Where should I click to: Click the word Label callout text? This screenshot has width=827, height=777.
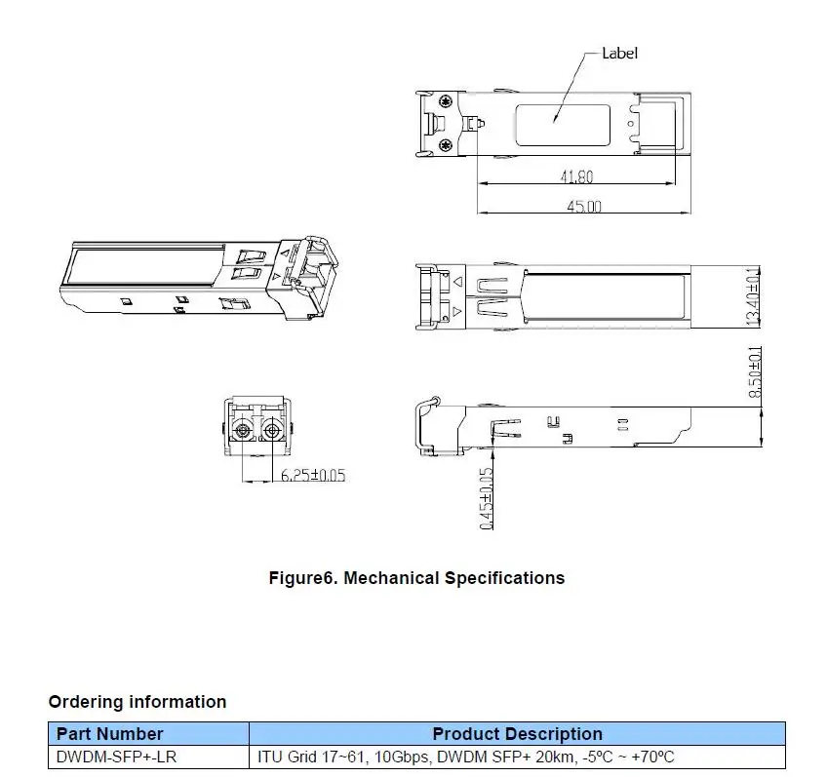(x=619, y=54)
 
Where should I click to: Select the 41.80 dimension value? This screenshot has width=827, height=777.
(x=576, y=176)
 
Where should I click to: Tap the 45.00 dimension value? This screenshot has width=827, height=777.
(x=584, y=206)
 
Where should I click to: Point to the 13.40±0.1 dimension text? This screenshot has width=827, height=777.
(x=754, y=296)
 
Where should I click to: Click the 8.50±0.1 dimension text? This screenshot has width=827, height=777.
(x=755, y=371)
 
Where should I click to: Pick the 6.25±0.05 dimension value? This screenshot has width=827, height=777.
(x=313, y=475)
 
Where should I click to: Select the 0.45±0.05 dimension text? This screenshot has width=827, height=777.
(x=487, y=498)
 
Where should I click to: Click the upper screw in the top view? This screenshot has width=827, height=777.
(x=447, y=101)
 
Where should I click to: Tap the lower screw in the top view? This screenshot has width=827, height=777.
(x=447, y=144)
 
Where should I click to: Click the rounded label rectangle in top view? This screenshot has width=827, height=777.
(x=563, y=105)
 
